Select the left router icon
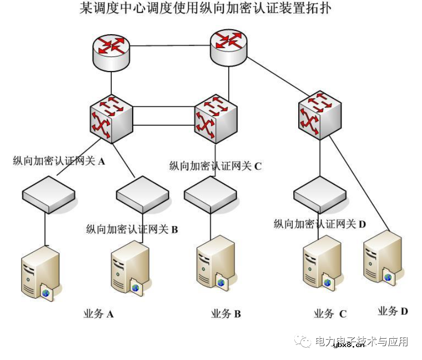coord(111,48)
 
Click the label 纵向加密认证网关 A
coord(59,161)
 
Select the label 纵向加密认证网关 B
coord(132,229)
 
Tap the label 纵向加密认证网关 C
coord(215,166)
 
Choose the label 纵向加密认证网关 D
coord(320,224)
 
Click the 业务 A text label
coord(98,314)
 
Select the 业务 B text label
coord(226,314)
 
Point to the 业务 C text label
coord(330,314)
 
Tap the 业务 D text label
coord(393,311)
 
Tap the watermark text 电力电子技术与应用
coord(361,342)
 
